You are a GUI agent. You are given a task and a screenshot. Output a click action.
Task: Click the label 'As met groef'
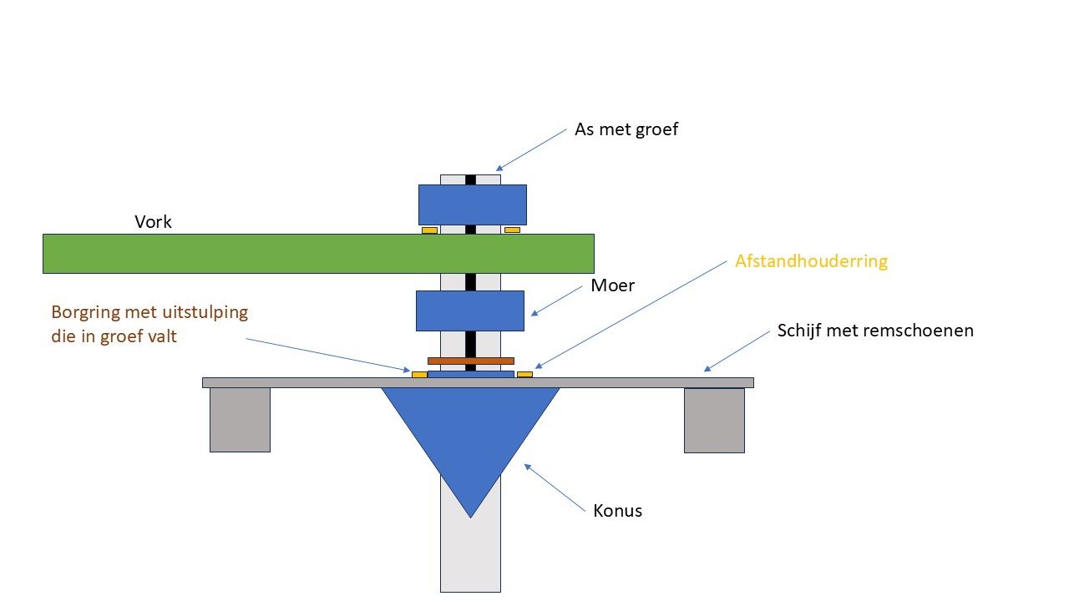coord(626,130)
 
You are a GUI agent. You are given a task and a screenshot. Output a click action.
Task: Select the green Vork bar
coord(318,254)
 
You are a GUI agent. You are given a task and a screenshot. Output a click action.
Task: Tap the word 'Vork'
coord(153,223)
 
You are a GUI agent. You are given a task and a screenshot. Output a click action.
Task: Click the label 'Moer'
coord(613,285)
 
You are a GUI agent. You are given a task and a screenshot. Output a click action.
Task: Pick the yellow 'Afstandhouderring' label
coord(811,261)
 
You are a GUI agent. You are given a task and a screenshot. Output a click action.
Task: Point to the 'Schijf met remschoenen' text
coord(875,331)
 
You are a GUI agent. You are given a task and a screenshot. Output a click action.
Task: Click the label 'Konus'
coord(618,511)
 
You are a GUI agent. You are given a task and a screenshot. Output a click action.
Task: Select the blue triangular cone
coord(470,434)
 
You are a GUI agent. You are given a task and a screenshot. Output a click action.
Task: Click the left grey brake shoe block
coord(240,420)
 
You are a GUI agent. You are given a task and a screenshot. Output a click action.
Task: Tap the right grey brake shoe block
coord(714,420)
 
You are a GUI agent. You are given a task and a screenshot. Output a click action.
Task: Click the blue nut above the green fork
coord(472,205)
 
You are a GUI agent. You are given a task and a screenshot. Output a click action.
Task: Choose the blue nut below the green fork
coord(470,311)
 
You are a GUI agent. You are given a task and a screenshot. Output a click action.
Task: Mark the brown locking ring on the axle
coord(470,361)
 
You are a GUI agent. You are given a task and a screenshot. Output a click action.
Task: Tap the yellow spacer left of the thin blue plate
coord(419,375)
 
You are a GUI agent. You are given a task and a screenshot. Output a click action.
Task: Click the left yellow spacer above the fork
coord(429,230)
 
